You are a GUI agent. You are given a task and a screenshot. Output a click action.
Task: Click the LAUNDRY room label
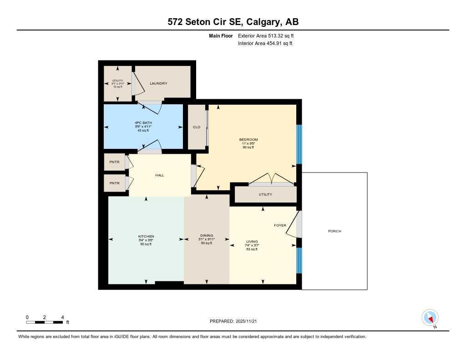(158, 83)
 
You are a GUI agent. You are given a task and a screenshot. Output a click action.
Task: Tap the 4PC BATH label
(143, 123)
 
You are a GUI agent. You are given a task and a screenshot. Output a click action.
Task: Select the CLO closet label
(197, 127)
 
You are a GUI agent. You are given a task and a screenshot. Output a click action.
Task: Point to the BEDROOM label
(248, 139)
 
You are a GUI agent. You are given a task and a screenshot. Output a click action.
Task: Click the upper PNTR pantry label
(114, 162)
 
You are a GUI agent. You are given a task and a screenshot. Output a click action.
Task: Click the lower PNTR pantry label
(114, 183)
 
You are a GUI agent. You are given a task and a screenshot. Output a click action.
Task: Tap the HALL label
(159, 175)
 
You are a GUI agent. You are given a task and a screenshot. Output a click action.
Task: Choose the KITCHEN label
(146, 236)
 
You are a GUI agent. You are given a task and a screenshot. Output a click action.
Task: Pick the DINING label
(207, 235)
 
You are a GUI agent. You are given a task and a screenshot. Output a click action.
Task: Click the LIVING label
(252, 241)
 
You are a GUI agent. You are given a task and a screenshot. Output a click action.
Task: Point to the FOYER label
(280, 225)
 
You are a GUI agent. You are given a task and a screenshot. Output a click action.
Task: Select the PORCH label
(334, 231)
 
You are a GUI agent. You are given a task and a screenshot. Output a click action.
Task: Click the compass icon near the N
(430, 317)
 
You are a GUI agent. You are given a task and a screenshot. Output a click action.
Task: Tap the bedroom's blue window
(299, 144)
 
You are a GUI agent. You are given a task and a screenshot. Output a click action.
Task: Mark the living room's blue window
(299, 260)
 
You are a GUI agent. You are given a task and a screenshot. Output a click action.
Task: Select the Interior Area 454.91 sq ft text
(265, 43)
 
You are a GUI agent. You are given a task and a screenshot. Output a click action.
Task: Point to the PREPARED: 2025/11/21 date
(236, 321)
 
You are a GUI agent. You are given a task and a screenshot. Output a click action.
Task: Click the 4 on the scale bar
(62, 317)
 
